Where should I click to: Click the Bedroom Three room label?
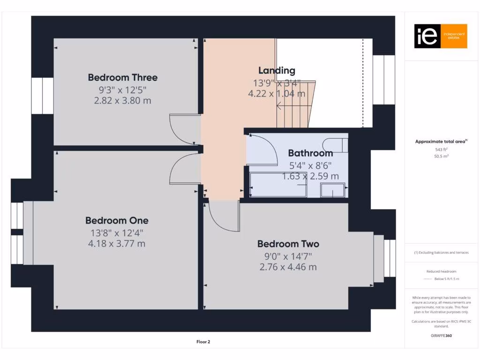[x=123, y=77]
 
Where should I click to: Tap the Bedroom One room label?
[x=117, y=220]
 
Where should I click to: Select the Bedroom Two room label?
[x=288, y=244]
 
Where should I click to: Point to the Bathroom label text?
[x=310, y=153]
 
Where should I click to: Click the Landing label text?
[x=277, y=71]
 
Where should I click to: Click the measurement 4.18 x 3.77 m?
[x=117, y=243]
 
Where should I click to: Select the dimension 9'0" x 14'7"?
[x=288, y=256]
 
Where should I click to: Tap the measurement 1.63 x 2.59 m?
[x=310, y=176]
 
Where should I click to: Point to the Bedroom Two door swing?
[x=223, y=216]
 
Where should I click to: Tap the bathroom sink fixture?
[x=333, y=190]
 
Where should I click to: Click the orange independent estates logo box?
[x=441, y=36]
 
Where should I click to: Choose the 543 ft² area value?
[x=440, y=149]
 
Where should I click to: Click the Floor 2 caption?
[x=203, y=342]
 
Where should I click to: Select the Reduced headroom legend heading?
[x=441, y=271]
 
